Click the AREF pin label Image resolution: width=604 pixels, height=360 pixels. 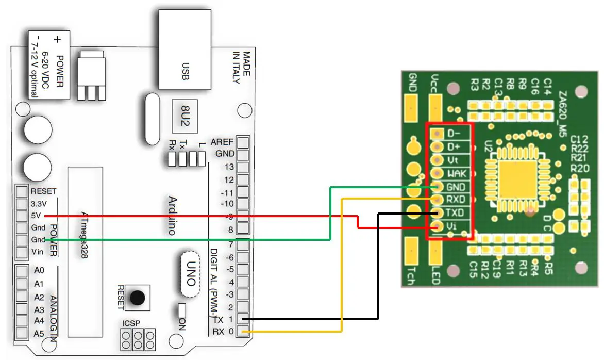tap(223, 142)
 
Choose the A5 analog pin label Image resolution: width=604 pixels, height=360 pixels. tap(39, 334)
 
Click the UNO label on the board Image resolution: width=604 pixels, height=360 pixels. tap(190, 274)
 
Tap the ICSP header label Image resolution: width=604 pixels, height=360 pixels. tap(130, 323)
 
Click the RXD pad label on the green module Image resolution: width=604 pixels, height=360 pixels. tap(456, 200)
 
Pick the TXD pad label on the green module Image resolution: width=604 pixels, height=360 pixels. tap(456, 212)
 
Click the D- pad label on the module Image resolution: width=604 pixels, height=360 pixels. tap(454, 134)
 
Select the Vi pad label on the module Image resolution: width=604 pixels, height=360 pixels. tap(452, 226)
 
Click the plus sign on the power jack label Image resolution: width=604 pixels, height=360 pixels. tap(58, 39)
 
